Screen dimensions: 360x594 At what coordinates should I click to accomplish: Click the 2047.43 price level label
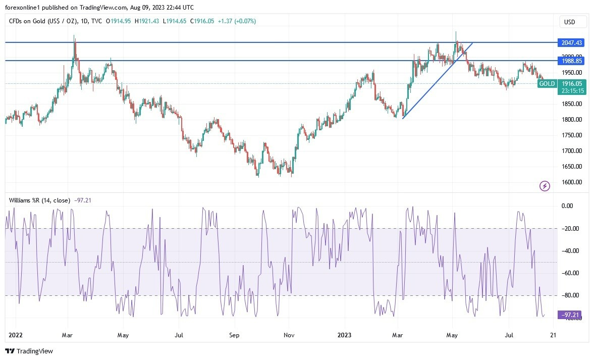click(x=571, y=43)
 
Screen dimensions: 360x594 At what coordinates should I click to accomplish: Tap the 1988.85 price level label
click(x=571, y=61)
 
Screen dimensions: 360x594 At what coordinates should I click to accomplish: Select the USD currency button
click(x=573, y=22)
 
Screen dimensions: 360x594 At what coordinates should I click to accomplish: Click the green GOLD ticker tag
click(x=547, y=84)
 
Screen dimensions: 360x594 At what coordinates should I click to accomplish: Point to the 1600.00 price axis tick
click(x=572, y=182)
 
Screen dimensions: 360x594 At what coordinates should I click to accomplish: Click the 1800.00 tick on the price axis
click(x=572, y=120)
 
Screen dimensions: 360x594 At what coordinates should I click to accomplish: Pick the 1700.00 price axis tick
click(x=572, y=151)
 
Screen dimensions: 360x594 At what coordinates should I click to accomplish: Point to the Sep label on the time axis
click(x=233, y=334)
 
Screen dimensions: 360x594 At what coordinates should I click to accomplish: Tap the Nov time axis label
click(x=289, y=334)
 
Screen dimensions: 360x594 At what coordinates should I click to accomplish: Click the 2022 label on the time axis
click(x=16, y=334)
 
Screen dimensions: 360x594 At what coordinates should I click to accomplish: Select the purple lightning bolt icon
click(x=545, y=186)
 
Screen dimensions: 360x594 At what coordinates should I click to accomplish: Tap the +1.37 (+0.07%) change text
click(x=237, y=21)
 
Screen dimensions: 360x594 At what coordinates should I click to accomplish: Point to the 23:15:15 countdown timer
click(x=571, y=91)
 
